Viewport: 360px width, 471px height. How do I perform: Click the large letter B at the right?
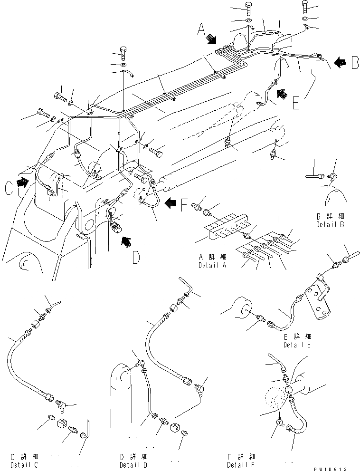click(x=354, y=62)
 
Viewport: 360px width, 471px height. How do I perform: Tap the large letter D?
click(x=136, y=258)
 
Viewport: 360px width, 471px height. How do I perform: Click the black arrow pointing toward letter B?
click(x=340, y=62)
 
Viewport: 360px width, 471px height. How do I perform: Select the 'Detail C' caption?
click(x=18, y=464)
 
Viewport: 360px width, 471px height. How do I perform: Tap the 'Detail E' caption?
click(x=297, y=345)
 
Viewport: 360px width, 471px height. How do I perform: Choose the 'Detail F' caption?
click(x=240, y=464)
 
